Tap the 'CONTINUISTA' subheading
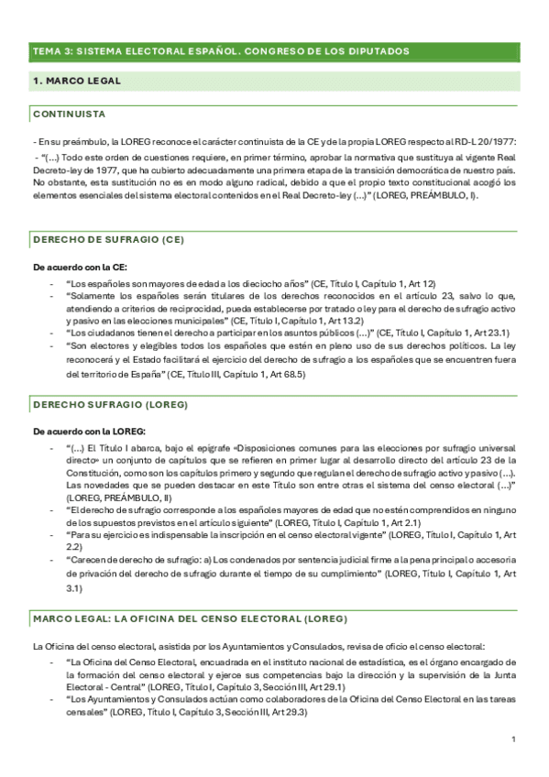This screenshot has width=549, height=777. point(69,114)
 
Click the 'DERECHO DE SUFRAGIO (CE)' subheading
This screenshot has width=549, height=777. point(108,240)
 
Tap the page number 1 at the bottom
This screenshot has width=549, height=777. point(514,739)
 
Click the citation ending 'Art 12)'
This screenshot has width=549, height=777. point(371,284)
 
